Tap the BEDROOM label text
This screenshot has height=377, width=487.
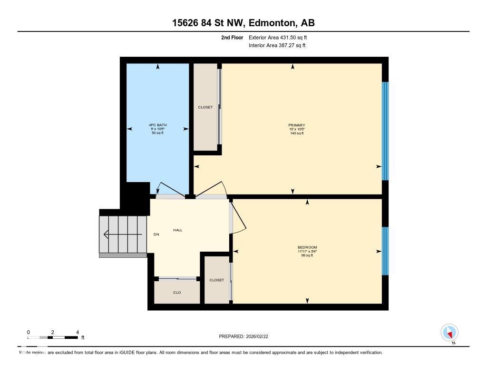[307, 247]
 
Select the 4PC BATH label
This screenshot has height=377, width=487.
[157, 125]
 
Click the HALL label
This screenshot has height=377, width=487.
[177, 230]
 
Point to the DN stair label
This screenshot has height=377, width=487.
[156, 234]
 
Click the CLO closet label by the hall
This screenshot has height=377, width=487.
[177, 293]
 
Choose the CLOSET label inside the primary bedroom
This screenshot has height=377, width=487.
[205, 107]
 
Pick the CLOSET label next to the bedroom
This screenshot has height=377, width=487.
[217, 280]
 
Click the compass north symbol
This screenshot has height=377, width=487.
[449, 332]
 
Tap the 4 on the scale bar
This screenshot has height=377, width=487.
[77, 332]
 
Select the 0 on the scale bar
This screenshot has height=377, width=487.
[29, 332]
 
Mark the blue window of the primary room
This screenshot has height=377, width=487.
[385, 131]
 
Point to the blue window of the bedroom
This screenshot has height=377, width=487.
[385, 251]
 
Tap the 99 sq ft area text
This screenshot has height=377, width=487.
[307, 255]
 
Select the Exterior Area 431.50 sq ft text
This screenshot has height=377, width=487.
[281, 37]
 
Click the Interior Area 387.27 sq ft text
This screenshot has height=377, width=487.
[277, 46]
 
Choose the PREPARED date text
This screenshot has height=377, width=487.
[246, 336]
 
